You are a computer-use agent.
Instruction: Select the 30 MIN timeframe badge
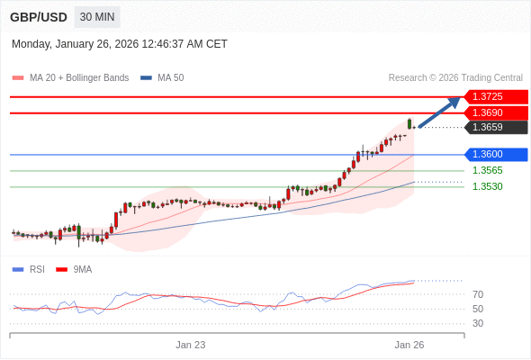point(97,17)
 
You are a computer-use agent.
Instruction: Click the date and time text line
point(120,44)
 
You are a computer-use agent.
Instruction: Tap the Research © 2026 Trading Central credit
point(455,77)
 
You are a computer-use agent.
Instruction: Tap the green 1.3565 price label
point(487,170)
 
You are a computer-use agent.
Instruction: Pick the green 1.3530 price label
point(487,186)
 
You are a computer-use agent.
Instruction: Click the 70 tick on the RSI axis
point(478,294)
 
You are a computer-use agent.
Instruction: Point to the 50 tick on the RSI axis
point(478,309)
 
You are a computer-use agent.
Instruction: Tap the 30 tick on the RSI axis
point(478,323)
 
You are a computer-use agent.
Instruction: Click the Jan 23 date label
point(191,345)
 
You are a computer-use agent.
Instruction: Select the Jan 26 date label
point(409,345)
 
